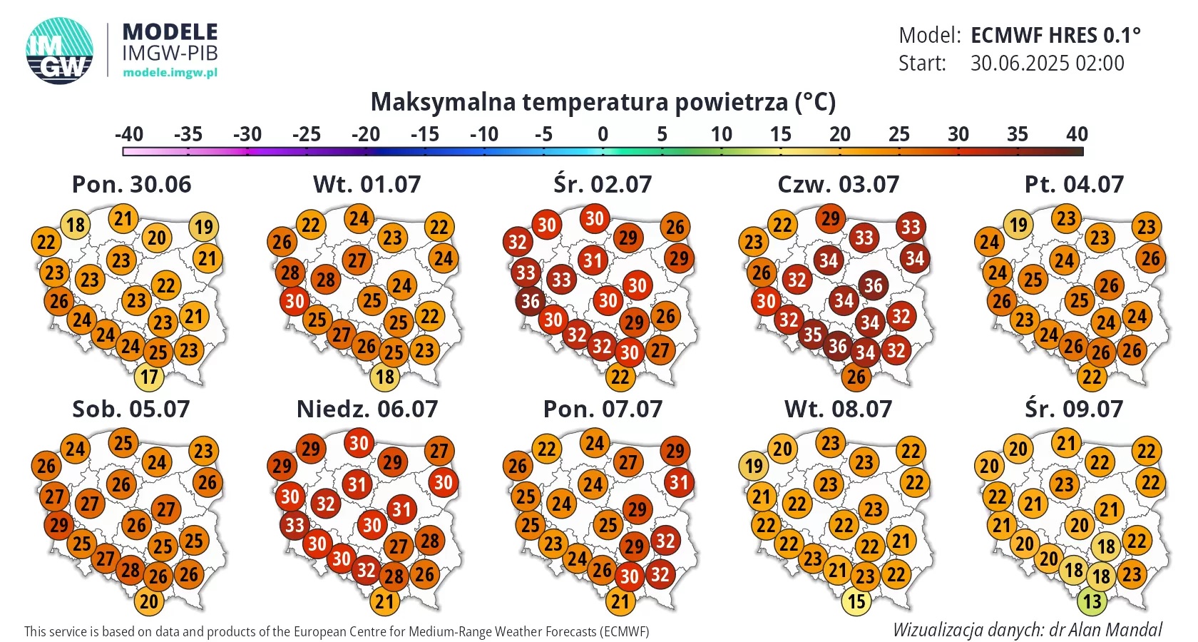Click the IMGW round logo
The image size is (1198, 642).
[59, 51]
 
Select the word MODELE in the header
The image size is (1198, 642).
[170, 32]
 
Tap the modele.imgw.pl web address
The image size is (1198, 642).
[170, 72]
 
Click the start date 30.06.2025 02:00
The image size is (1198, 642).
[1047, 63]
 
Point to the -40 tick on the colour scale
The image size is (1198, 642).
[129, 134]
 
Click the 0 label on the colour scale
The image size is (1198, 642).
[603, 134]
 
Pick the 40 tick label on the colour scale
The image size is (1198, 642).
[1077, 134]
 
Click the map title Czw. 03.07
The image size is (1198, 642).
[838, 184]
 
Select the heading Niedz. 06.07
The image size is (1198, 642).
[367, 409]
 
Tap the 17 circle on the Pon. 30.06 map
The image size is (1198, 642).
[149, 377]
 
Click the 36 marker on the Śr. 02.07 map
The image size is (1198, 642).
[531, 301]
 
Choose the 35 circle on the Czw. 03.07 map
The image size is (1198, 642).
[812, 335]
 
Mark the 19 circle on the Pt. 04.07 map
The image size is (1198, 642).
[1018, 225]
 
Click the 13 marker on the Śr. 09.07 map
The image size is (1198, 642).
[1092, 601]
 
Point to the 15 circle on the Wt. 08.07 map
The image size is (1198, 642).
[856, 601]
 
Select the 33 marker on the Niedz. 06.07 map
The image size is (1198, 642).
[295, 525]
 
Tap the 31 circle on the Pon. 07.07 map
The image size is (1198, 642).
[679, 482]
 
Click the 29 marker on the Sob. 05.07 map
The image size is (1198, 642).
[58, 525]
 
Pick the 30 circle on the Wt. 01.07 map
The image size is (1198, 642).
[295, 301]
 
